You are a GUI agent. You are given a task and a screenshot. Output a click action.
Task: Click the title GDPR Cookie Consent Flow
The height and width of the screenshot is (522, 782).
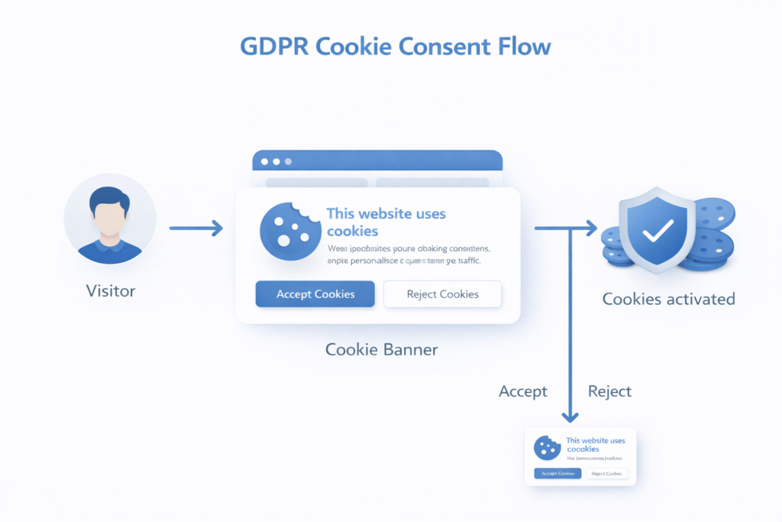395,46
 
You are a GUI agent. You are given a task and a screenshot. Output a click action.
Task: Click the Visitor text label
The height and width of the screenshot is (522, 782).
110,290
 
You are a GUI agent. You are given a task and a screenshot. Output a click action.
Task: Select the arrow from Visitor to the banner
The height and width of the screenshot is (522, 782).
195,228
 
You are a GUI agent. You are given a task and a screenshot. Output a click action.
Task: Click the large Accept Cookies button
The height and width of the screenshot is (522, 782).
315,294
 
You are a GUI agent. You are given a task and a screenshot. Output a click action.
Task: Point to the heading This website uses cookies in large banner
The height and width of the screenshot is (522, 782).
386,222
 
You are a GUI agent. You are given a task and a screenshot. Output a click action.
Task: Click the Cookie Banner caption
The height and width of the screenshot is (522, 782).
381,349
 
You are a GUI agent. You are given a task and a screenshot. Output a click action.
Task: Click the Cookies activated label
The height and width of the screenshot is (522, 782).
668,299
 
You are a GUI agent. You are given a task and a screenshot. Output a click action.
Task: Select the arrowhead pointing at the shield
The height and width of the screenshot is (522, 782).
591,228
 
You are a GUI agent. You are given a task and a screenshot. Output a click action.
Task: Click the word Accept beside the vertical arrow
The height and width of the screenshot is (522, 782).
523,391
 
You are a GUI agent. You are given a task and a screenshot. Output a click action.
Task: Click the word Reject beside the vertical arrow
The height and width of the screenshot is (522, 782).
609,391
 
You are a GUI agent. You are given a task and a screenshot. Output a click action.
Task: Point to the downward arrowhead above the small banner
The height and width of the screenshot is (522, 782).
569,417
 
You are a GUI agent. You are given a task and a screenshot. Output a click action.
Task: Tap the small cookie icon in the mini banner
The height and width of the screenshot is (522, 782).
544,447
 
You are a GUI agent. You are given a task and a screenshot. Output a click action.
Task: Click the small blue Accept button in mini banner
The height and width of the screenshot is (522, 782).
557,474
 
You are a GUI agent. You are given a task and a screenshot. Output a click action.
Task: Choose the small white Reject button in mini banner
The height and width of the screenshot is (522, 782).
607,474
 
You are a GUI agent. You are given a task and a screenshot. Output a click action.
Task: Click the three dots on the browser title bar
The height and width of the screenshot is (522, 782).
276,161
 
